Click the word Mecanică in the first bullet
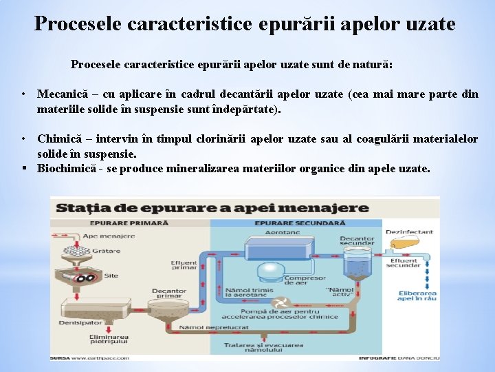60,94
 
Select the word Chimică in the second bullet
58,139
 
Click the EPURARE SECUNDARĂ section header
300,223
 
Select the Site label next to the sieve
111,276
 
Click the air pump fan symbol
281,303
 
